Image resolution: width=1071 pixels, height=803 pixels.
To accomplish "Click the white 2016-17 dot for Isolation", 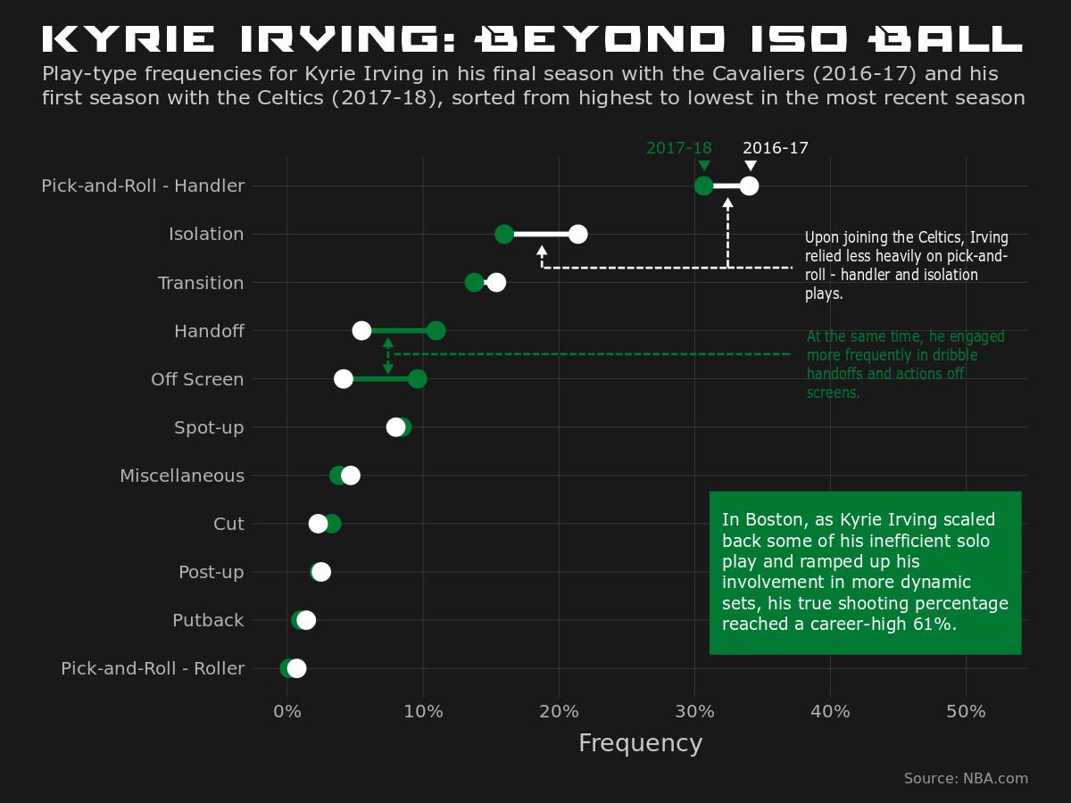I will [x=577, y=234].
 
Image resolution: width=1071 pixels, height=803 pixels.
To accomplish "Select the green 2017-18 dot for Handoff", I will [x=436, y=331].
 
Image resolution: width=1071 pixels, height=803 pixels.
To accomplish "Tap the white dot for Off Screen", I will [x=343, y=379].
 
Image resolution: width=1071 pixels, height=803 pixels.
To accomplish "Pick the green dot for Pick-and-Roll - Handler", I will [x=703, y=186].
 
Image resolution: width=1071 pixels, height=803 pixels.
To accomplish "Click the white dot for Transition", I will [x=496, y=283].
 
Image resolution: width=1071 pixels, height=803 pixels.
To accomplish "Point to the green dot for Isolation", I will [x=504, y=234].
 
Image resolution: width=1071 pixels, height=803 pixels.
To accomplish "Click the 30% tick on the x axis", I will [x=694, y=711].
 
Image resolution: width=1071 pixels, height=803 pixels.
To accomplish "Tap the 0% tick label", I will [x=286, y=711].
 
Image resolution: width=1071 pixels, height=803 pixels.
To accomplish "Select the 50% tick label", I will [x=966, y=711].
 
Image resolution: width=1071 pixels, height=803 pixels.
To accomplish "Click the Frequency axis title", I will [x=640, y=743].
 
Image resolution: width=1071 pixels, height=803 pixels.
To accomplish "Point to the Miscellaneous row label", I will [x=182, y=476].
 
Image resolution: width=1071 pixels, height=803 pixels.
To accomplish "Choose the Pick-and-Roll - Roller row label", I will [x=153, y=668].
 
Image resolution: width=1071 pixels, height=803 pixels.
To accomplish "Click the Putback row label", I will [x=208, y=620].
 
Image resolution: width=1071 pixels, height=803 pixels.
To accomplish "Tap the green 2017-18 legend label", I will [x=679, y=148].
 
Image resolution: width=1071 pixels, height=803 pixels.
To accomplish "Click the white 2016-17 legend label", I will [x=776, y=148].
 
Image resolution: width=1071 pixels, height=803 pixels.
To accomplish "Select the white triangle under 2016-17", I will [x=750, y=166].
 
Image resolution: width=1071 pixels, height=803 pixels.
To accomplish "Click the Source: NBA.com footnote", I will [x=966, y=778].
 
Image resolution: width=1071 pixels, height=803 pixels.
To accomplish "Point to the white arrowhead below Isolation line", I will [x=542, y=252].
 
